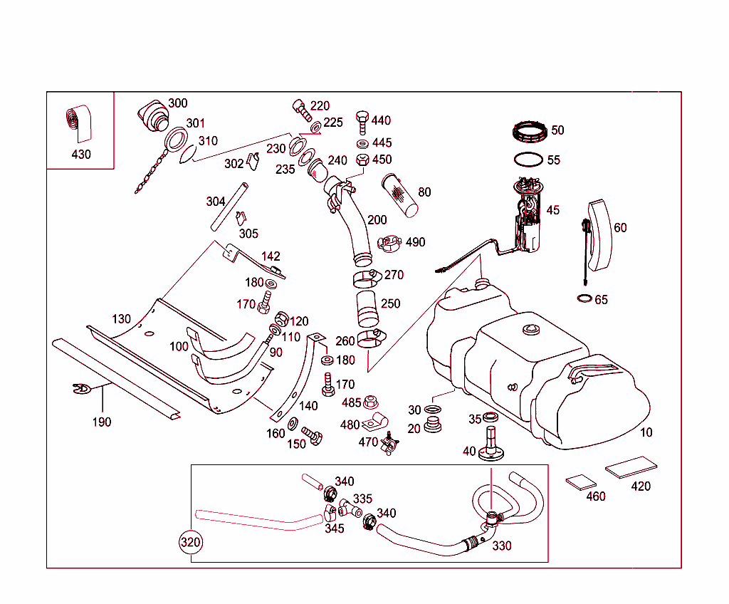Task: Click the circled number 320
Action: [x=190, y=542]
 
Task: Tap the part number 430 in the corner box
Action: [x=81, y=154]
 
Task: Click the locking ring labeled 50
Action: [x=530, y=132]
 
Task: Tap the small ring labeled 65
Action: [x=584, y=298]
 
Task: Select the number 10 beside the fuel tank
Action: [x=646, y=432]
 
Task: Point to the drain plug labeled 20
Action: [x=431, y=426]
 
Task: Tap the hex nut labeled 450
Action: [x=362, y=160]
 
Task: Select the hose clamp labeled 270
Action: [x=369, y=276]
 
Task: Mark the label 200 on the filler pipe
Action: [x=377, y=220]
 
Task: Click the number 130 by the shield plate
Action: [x=121, y=318]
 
